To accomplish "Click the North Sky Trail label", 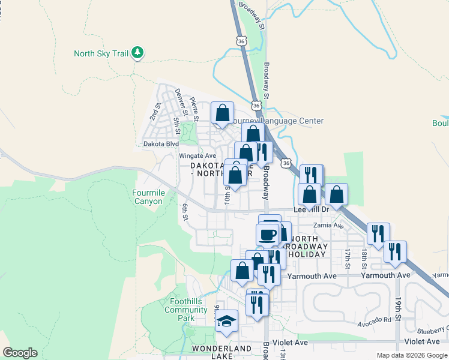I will pyautogui.click(x=101, y=53).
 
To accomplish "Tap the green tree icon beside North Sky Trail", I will pyautogui.click(x=138, y=53).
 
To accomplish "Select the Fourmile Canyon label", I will pyautogui.click(x=148, y=197).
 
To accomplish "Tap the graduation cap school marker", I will pyautogui.click(x=226, y=321).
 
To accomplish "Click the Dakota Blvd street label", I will pyautogui.click(x=161, y=144).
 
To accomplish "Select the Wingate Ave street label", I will pyautogui.click(x=197, y=156).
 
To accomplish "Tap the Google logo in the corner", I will pyautogui.click(x=20, y=353).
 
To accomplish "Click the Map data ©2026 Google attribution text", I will pyautogui.click(x=412, y=355).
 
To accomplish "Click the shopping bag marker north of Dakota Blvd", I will pyautogui.click(x=222, y=112).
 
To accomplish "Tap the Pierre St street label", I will pyautogui.click(x=194, y=107).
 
